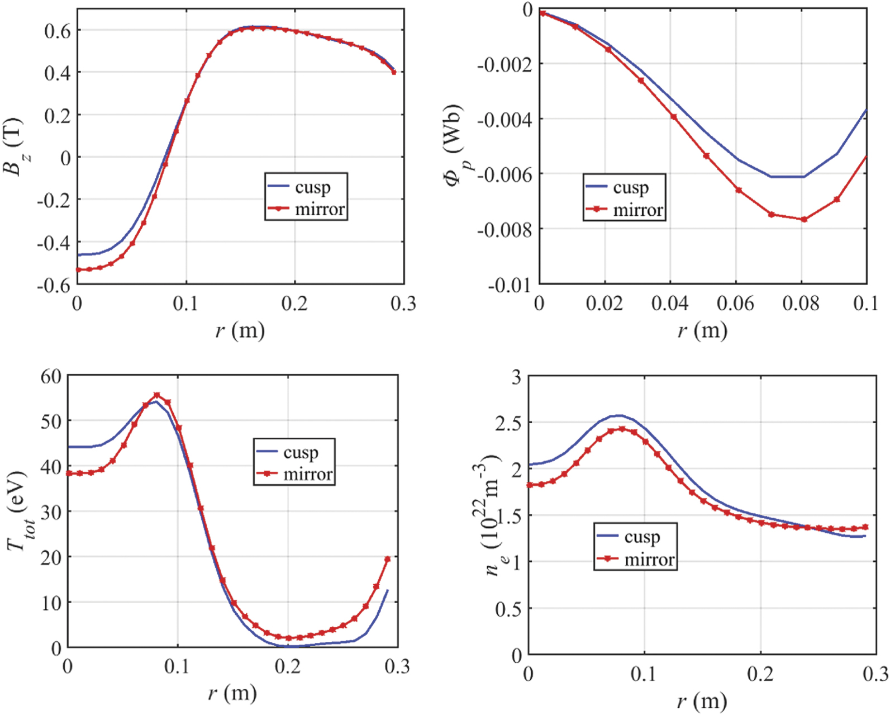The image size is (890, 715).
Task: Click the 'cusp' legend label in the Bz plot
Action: [313, 187]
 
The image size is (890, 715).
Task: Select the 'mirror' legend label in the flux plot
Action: [637, 210]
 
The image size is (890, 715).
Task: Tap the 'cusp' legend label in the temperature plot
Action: [301, 452]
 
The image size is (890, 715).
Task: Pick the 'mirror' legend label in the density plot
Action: [649, 559]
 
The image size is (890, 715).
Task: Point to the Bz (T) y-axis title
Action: [15, 146]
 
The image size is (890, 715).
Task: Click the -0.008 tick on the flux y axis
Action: [504, 229]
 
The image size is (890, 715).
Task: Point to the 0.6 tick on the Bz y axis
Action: [58, 30]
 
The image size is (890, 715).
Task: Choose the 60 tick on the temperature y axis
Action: [51, 376]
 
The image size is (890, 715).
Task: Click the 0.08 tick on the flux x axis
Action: [801, 304]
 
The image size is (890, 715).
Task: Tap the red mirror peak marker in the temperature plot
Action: [157, 395]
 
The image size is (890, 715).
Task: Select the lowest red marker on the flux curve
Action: [804, 219]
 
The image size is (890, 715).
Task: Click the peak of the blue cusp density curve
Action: [618, 415]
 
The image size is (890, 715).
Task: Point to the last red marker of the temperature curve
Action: [387, 559]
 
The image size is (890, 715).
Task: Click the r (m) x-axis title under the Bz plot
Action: [240, 330]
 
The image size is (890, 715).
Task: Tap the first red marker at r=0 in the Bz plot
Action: [78, 270]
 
